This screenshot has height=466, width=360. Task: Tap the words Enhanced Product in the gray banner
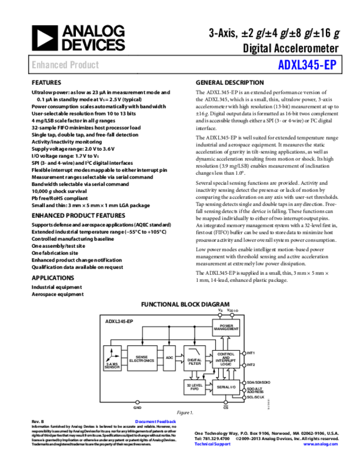(65, 65)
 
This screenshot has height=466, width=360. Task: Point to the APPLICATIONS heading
(53, 278)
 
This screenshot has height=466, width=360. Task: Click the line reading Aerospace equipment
(58, 294)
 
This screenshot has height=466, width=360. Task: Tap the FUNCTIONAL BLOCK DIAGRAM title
(185, 304)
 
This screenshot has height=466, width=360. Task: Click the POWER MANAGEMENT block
(226, 328)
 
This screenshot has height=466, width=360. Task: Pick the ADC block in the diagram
(169, 358)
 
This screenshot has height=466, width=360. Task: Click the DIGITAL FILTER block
(195, 361)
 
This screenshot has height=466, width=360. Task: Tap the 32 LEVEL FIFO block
(195, 387)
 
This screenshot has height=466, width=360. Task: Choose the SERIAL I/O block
(226, 387)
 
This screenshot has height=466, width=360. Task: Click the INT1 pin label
(251, 353)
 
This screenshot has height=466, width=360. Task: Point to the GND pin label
(137, 408)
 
